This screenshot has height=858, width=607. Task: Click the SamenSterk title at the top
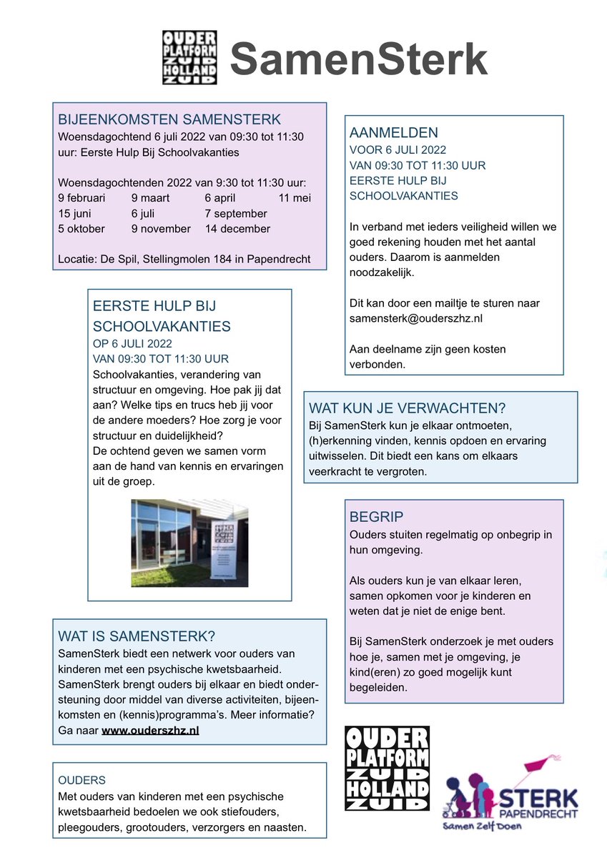click(358, 59)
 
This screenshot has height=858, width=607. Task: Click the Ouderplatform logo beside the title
click(189, 58)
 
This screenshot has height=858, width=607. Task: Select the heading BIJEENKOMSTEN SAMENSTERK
click(169, 119)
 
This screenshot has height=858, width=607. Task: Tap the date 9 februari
click(82, 197)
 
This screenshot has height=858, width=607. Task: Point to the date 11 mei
click(295, 197)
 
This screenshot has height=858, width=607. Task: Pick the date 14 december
click(237, 229)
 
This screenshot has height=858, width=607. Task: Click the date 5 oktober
click(82, 229)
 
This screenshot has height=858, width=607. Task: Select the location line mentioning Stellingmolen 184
click(184, 259)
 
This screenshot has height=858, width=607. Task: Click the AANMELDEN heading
click(394, 133)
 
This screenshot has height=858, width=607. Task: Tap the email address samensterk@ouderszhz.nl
click(416, 318)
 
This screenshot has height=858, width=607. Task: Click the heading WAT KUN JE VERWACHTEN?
click(407, 408)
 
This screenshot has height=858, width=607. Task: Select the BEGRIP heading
click(376, 516)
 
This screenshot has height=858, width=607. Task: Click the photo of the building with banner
click(189, 543)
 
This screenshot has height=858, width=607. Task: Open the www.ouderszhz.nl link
click(150, 730)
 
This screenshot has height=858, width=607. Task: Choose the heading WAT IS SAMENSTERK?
click(137, 636)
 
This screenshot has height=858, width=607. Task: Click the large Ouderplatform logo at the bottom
click(387, 768)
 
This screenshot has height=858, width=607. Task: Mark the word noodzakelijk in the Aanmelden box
click(382, 272)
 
